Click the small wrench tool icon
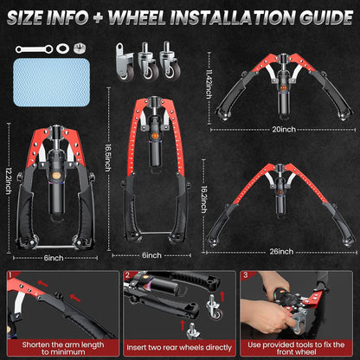(34, 49)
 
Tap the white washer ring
(62, 48)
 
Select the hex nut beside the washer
(80, 48)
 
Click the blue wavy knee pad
(51, 82)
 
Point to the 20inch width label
(284, 129)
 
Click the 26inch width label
(281, 252)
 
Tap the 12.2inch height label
(9, 181)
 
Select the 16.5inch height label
(107, 157)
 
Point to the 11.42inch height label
(209, 84)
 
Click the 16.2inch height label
(203, 200)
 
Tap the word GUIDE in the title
(326, 18)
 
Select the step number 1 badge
(10, 274)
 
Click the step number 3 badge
(245, 275)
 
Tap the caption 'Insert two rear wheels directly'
(179, 348)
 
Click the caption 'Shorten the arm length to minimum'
(63, 348)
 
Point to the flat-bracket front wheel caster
(125, 61)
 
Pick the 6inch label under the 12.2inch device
(54, 258)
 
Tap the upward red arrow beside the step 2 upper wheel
(222, 296)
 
